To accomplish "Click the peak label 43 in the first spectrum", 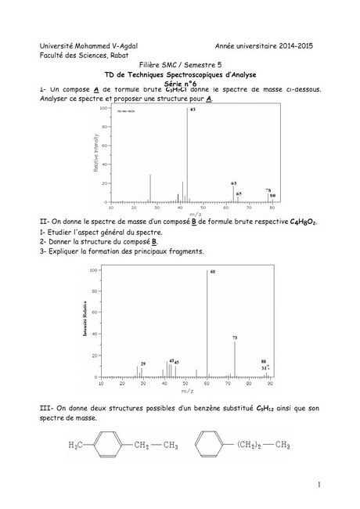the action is pos(192,110).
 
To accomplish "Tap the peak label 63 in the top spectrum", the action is pos(233,182).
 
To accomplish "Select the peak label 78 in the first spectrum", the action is pos(268,190).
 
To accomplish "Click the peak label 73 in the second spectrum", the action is pos(235,338).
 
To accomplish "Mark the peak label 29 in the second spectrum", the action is pos(143,363).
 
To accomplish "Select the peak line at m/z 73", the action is pos(235,359).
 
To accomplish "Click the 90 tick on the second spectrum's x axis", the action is pos(269,383).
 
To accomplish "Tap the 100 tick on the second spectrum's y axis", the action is pos(95,270).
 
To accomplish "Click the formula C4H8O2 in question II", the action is pos(303,222).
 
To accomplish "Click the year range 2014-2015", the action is pos(286,46).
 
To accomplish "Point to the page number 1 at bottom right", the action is pos(320,486).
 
